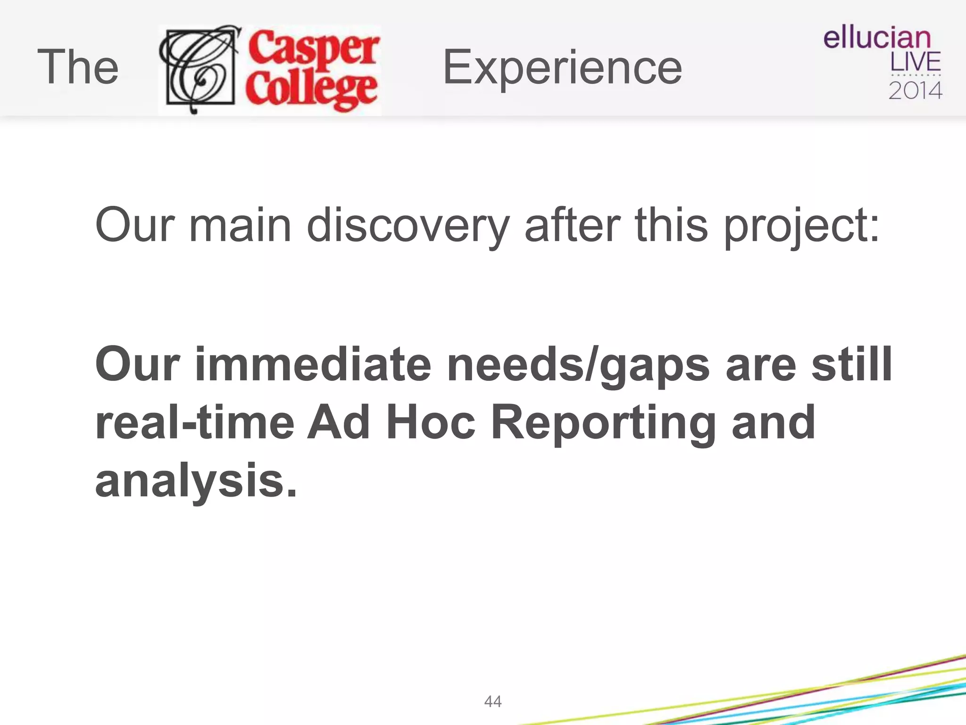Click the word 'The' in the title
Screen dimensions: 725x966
point(78,67)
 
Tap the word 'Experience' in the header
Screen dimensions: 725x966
point(562,67)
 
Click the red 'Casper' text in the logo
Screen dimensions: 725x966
point(314,48)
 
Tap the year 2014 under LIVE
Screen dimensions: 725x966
point(915,90)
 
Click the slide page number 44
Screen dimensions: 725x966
point(493,701)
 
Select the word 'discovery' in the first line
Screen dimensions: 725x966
point(408,226)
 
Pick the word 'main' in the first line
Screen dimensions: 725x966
point(240,226)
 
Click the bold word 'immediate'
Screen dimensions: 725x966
point(313,364)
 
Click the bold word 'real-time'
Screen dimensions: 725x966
point(195,422)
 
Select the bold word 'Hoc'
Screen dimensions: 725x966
point(430,422)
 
